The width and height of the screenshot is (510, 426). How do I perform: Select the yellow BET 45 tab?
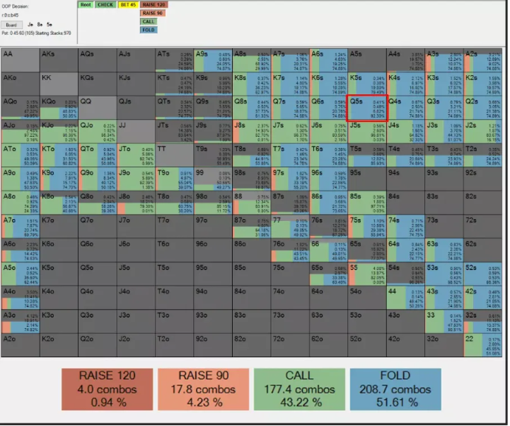[129, 4]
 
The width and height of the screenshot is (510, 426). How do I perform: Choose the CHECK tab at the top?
[105, 4]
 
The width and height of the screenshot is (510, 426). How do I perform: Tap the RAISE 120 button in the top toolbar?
[151, 4]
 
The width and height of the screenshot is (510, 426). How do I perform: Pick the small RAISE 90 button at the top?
[151, 13]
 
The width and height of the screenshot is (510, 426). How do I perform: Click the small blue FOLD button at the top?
[149, 30]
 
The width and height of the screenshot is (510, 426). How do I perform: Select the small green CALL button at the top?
[149, 21]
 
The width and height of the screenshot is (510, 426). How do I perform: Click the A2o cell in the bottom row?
[21, 345]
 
